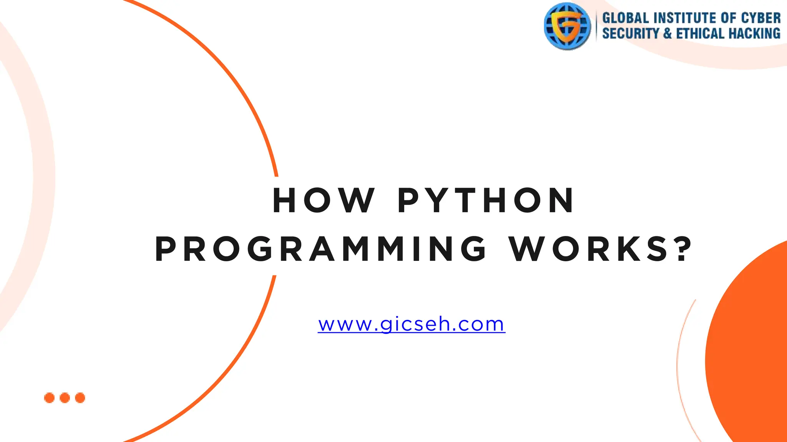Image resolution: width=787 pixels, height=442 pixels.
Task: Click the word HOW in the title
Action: click(x=324, y=200)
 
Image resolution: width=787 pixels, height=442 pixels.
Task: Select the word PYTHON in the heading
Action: click(x=486, y=200)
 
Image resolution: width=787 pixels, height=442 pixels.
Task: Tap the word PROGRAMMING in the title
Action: click(x=321, y=249)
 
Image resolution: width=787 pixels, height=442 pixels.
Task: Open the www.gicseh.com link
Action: click(x=412, y=325)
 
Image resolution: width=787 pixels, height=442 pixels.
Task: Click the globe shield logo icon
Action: click(x=567, y=26)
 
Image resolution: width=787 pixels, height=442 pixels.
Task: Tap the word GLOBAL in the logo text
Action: click(x=625, y=18)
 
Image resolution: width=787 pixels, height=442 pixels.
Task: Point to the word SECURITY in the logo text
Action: click(x=630, y=34)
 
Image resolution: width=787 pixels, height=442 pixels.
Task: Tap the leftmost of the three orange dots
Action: click(x=49, y=398)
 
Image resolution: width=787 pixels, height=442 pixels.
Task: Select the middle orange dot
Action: click(x=65, y=398)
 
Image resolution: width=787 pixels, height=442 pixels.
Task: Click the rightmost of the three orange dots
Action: click(x=80, y=398)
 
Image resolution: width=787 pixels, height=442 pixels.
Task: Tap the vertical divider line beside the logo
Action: click(x=596, y=26)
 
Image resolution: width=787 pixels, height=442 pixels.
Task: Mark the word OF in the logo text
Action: click(x=728, y=18)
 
